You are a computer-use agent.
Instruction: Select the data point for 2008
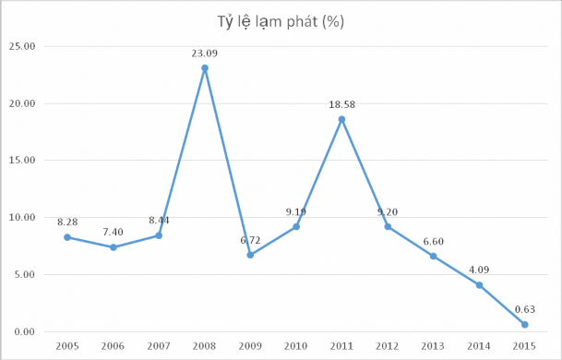pos(205,67)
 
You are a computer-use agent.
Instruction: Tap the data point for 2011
pos(341,119)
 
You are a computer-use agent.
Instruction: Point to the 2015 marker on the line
pos(524,324)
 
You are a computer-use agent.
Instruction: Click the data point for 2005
pos(68,237)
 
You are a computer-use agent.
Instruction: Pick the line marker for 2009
pos(250,255)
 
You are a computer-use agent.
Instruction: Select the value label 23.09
pos(205,54)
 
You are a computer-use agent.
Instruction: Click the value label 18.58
pos(341,105)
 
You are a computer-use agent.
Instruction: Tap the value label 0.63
pos(524,309)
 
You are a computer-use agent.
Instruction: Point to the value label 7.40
pos(114,233)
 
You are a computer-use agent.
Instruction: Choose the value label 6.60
pos(433,242)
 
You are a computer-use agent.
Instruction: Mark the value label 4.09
pos(478,270)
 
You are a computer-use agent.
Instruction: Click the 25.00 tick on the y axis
pos(22,46)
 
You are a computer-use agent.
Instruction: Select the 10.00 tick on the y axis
pos(22,217)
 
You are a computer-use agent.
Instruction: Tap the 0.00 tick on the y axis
pos(24,331)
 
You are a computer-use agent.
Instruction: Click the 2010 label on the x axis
pos(295,345)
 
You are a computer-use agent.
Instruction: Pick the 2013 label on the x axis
pos(433,345)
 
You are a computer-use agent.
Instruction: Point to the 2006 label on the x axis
pos(114,345)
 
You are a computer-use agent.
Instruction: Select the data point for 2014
pos(478,285)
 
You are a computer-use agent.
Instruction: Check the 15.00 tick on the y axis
pos(22,160)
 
